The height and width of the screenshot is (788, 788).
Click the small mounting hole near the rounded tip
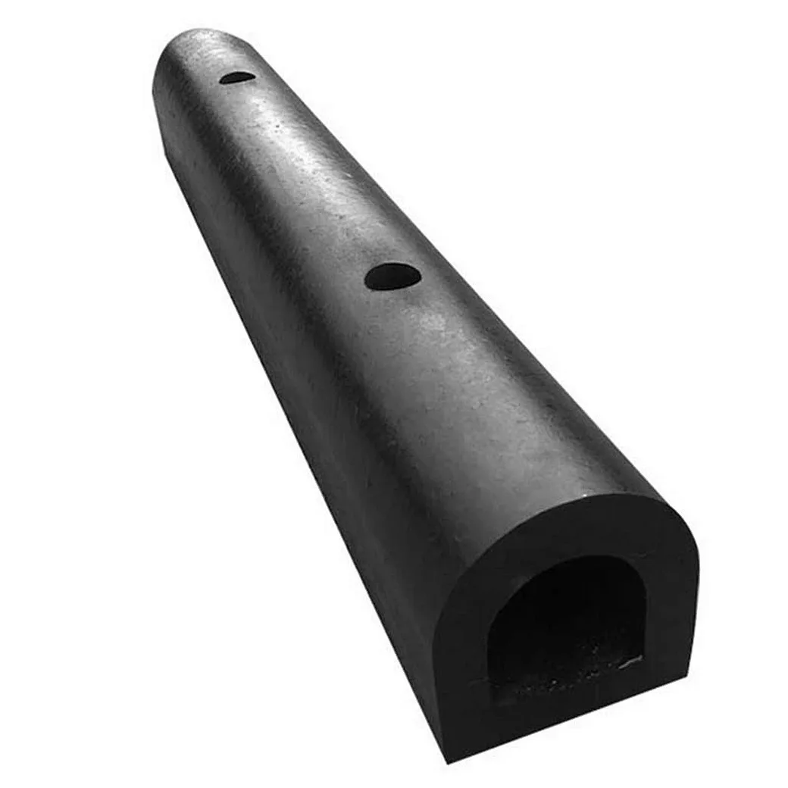click(x=239, y=77)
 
